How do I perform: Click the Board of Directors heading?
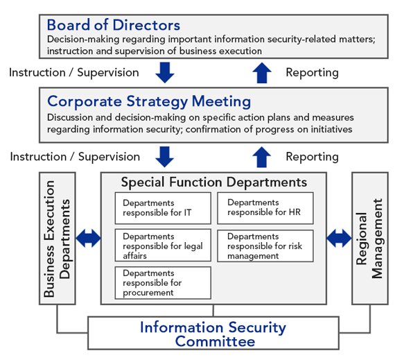point(113,25)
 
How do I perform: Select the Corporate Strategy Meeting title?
point(149,101)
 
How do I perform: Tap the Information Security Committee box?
point(213,333)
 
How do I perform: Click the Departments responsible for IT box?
point(163,208)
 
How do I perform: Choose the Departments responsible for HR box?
point(265,208)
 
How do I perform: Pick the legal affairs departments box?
point(163,246)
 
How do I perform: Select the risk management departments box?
point(265,246)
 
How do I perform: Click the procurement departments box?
point(163,283)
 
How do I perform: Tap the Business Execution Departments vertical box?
point(57,239)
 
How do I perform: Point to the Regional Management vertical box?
point(370,239)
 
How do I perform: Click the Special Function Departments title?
point(213,182)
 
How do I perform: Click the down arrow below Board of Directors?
point(165,73)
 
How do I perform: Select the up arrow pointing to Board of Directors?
point(262,73)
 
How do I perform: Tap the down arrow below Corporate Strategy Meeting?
point(164,157)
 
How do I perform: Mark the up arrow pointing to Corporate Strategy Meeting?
point(262,157)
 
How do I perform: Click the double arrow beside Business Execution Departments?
point(89,239)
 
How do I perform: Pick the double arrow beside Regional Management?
point(339,239)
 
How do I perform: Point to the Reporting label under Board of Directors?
point(312,73)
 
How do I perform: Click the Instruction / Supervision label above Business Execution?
point(75,157)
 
